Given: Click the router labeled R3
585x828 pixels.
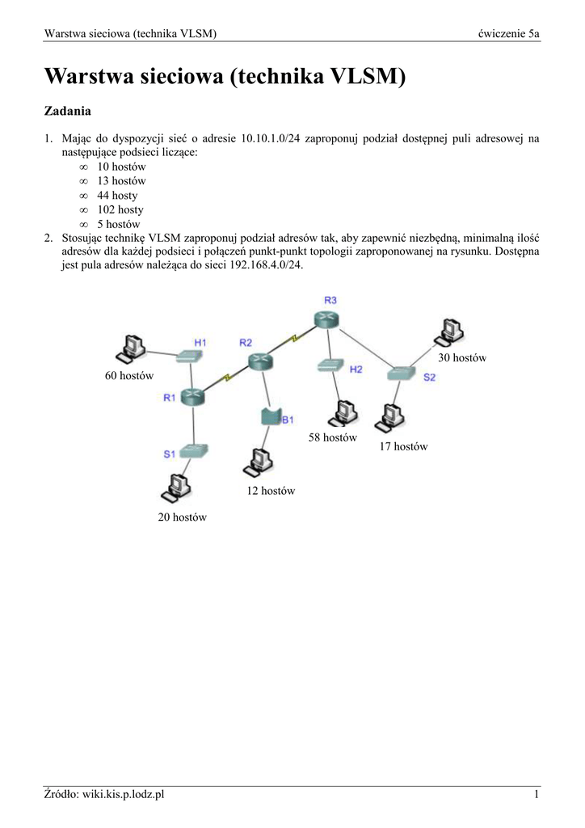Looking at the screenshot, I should click(x=330, y=319).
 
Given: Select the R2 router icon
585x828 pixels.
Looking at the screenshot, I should click(x=260, y=361).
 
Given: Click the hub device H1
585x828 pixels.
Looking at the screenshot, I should click(x=191, y=355).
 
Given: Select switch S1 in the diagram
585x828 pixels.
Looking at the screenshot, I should click(x=194, y=451).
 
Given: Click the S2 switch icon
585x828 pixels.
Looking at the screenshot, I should click(x=400, y=374).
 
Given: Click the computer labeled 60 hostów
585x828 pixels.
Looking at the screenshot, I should click(x=129, y=349).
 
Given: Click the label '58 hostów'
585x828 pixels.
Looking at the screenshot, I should click(x=332, y=437).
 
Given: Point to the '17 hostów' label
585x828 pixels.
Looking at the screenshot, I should click(x=403, y=446).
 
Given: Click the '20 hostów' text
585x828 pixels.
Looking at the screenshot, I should click(x=182, y=517).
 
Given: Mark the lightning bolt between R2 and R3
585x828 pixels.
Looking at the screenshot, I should click(x=295, y=337).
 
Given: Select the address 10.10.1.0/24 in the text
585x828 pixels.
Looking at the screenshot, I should click(x=270, y=138).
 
